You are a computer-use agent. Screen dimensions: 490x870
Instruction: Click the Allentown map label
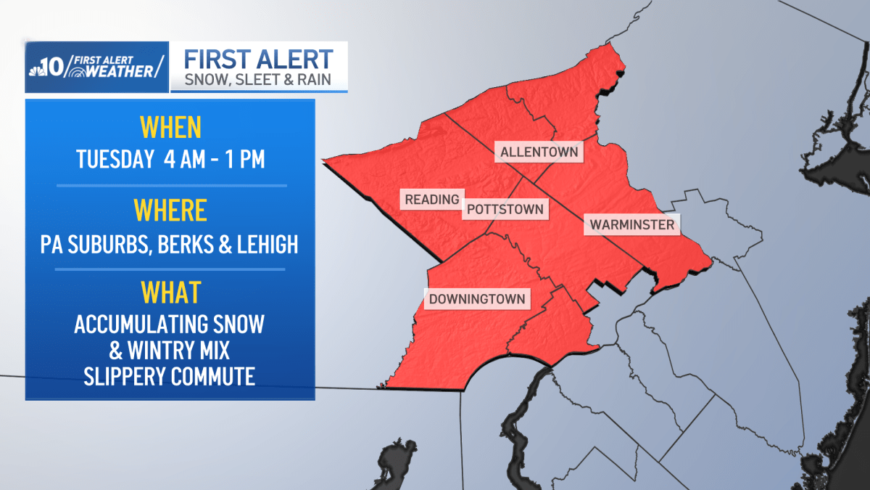pos(539,152)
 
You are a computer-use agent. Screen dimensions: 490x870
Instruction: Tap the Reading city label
pos(432,200)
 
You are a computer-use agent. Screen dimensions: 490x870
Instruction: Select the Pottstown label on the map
pos(505,210)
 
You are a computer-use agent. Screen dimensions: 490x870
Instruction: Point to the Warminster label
pos(631,225)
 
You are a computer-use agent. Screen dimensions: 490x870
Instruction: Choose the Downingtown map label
pos(476,299)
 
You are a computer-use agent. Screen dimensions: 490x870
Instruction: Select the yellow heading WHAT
pos(170,293)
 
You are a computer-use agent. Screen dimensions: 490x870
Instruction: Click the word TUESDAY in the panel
pos(113,159)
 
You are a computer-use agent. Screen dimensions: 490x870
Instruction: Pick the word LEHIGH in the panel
pos(268,245)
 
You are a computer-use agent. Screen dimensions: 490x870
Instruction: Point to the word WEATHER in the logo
pos(118,71)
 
